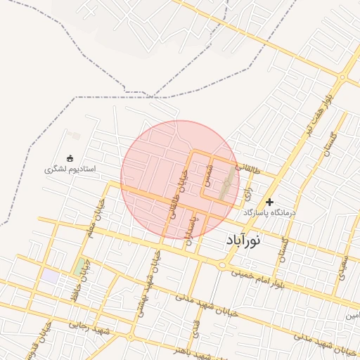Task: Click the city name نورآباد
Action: (243, 240)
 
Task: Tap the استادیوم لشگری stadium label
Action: (70, 169)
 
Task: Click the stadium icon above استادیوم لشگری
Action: (70, 157)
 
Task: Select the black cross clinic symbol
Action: (269, 202)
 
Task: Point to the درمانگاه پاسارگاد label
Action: (271, 212)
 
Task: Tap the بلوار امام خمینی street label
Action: (268, 273)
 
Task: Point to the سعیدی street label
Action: (342, 267)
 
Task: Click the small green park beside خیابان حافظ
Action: (78, 268)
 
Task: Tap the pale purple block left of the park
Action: (49, 276)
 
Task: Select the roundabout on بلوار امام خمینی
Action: (223, 265)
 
